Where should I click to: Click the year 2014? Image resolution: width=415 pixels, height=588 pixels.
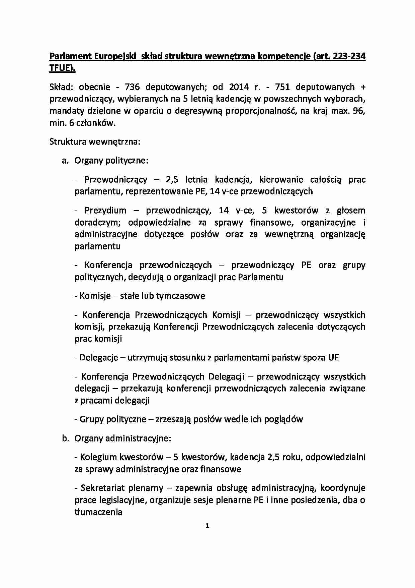click(239, 87)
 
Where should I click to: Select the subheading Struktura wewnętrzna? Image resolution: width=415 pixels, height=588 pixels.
click(95, 142)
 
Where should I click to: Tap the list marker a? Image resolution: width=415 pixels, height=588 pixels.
click(65, 161)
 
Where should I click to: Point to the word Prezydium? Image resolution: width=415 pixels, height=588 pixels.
click(105, 211)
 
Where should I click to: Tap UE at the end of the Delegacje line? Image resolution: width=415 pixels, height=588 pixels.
click(333, 358)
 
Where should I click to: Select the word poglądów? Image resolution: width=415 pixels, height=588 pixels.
click(284, 419)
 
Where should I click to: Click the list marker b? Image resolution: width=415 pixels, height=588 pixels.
click(65, 438)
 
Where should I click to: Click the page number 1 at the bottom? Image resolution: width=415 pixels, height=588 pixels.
click(207, 526)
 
